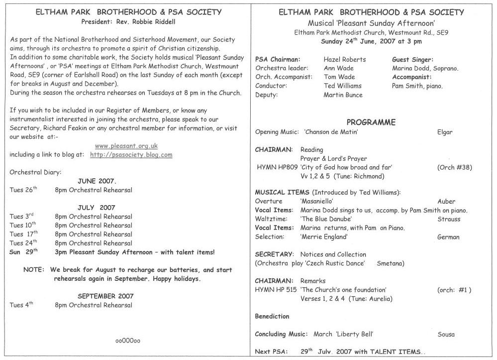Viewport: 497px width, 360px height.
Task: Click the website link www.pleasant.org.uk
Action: click(126, 146)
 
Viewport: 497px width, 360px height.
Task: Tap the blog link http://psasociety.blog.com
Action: click(131, 155)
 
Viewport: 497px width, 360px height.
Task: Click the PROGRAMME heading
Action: click(371, 122)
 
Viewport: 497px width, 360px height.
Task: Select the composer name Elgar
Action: click(444, 132)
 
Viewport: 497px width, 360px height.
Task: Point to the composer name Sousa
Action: click(446, 334)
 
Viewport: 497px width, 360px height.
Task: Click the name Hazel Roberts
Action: click(344, 59)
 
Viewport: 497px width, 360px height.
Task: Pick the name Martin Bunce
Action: click(343, 95)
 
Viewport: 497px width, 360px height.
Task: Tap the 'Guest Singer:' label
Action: click(412, 59)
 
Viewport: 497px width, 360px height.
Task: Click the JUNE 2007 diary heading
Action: click(97, 181)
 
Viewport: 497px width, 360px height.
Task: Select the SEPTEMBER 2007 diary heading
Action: click(105, 296)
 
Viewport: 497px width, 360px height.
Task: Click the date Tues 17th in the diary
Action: click(23, 235)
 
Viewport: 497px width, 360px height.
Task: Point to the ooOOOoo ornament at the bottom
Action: click(128, 341)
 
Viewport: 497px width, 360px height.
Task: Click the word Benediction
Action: click(272, 316)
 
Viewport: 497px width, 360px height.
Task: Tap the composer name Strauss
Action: click(449, 219)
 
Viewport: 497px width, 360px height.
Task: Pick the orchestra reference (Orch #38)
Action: click(452, 167)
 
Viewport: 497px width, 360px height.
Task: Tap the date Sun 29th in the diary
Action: click(23, 252)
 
